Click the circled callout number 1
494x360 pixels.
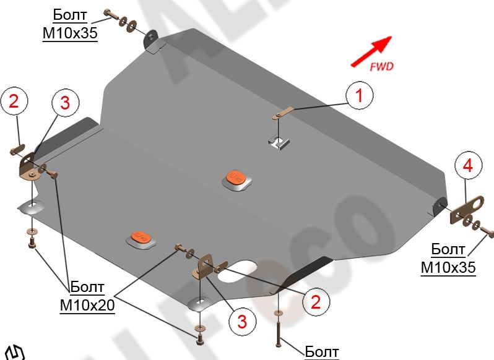click(x=359, y=95)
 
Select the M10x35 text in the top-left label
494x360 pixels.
click(x=70, y=34)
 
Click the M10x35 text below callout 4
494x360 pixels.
click(x=448, y=267)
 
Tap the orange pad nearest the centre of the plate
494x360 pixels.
click(x=236, y=178)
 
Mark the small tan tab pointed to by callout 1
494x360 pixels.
click(x=282, y=114)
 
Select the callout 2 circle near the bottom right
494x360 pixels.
click(x=316, y=302)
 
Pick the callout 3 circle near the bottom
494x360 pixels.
click(x=241, y=321)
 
